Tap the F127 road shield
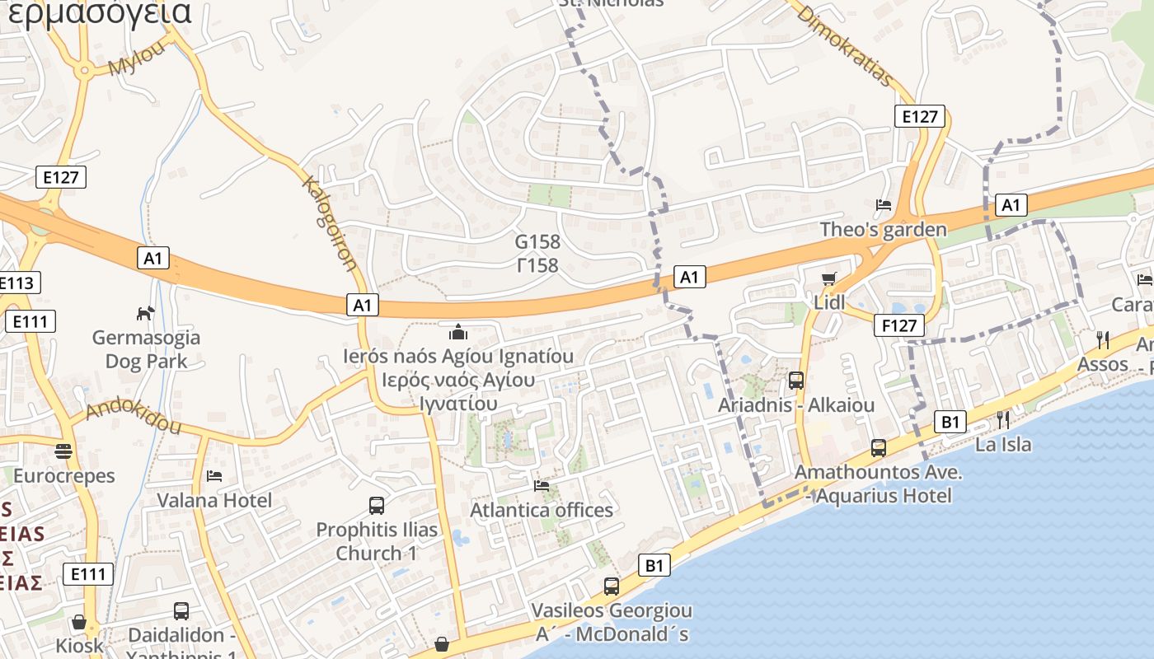pyautogui.click(x=898, y=325)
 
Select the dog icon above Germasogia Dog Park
pyautogui.click(x=146, y=313)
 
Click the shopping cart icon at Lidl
pyautogui.click(x=829, y=278)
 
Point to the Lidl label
pyautogui.click(x=829, y=302)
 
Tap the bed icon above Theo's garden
pyautogui.click(x=884, y=204)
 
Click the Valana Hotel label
pyautogui.click(x=214, y=500)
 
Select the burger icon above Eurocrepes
pyautogui.click(x=63, y=451)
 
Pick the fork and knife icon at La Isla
pyautogui.click(x=1003, y=419)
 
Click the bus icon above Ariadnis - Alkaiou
pyautogui.click(x=796, y=381)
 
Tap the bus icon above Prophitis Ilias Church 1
pyautogui.click(x=377, y=505)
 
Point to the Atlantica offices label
pyautogui.click(x=542, y=510)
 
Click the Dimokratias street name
pyautogui.click(x=846, y=46)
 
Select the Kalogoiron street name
pyautogui.click(x=330, y=222)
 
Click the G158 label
pyautogui.click(x=537, y=242)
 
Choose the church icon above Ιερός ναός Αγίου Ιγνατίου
pyautogui.click(x=458, y=332)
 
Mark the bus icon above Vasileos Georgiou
pyautogui.click(x=612, y=587)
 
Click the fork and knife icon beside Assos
pyautogui.click(x=1103, y=339)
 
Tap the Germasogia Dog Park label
pyautogui.click(x=146, y=349)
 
